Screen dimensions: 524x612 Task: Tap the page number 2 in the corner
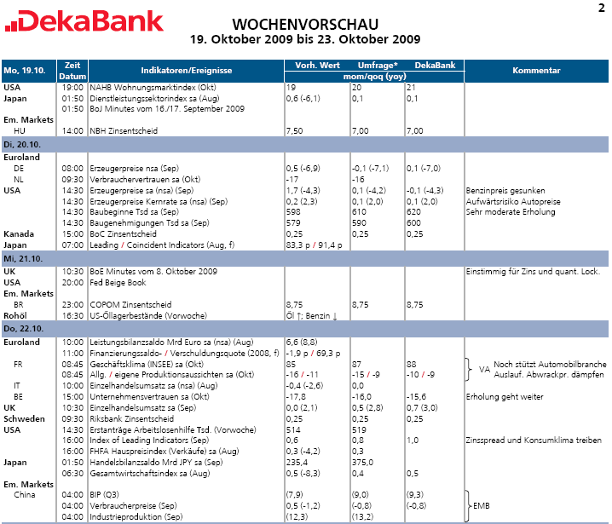(601, 8)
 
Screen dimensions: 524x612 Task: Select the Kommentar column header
(536, 71)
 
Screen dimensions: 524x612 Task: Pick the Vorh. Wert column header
(317, 66)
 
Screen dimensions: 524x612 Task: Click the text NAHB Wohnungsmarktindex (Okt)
(138, 88)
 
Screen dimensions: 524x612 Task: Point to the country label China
(25, 495)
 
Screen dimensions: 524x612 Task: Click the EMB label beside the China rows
(482, 505)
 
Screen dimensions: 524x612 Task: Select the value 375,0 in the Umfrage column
(364, 461)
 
